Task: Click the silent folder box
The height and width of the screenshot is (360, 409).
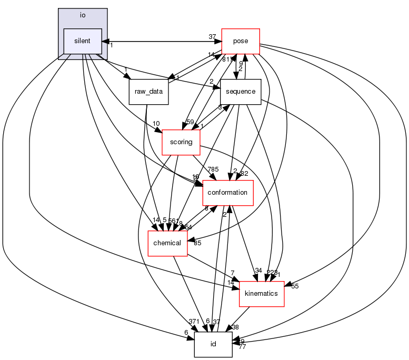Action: click(82, 41)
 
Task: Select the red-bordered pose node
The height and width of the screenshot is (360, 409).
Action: click(241, 41)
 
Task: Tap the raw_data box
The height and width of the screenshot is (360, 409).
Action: click(148, 92)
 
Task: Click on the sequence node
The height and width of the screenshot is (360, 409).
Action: click(241, 92)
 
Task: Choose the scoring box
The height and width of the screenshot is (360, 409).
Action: click(181, 142)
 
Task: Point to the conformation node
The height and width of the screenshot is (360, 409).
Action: click(228, 193)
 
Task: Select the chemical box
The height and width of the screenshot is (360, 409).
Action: click(167, 243)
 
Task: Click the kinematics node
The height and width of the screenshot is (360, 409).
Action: click(262, 293)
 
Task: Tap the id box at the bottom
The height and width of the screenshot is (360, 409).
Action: click(213, 344)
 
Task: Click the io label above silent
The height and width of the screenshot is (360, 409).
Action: click(82, 15)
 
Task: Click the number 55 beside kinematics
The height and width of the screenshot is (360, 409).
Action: click(295, 286)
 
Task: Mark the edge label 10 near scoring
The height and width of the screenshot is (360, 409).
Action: click(156, 124)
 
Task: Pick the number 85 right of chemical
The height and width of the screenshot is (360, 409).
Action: click(198, 243)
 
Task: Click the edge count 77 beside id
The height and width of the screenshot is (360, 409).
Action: click(243, 347)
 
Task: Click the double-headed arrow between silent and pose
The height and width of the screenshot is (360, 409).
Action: click(161, 41)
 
